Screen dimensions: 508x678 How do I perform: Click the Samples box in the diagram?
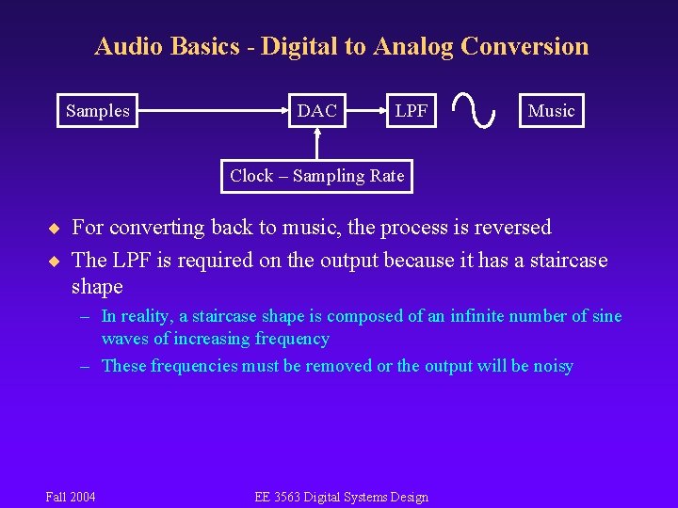tap(98, 111)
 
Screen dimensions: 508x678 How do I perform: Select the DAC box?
tap(316, 111)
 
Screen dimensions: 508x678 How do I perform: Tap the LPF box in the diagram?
tap(411, 111)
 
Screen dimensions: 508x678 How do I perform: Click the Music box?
tap(551, 111)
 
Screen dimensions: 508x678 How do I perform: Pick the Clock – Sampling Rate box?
tap(316, 176)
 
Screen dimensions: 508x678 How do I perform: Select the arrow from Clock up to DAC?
tap(317, 143)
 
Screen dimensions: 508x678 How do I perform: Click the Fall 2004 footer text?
tap(71, 497)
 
